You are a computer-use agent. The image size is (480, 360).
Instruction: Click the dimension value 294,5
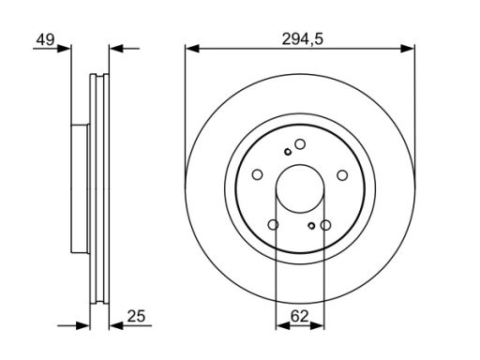302,39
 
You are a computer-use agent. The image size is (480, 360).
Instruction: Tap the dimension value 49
45,39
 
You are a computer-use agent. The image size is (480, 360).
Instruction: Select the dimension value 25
136,316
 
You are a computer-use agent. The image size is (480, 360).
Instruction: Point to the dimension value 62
299,316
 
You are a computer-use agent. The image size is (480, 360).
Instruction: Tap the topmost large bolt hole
300,144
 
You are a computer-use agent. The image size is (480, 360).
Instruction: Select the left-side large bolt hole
257,174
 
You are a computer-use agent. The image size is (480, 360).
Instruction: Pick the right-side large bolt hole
342,175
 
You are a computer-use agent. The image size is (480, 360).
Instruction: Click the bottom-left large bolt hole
274,224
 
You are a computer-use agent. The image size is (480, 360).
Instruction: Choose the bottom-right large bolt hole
325,225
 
